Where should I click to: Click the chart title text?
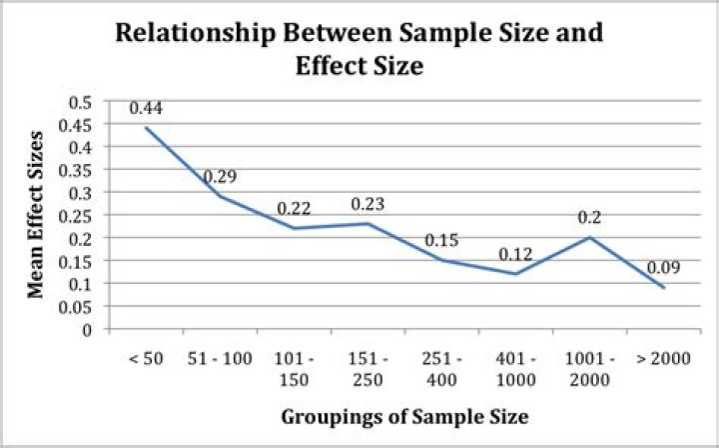(359, 49)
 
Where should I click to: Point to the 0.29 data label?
(220, 177)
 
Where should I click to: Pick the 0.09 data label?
(663, 268)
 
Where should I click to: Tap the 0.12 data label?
(515, 255)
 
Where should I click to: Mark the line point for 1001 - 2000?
(589, 237)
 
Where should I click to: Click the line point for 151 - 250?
(367, 223)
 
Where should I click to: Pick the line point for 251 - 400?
(441, 260)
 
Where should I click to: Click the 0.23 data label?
(367, 205)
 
